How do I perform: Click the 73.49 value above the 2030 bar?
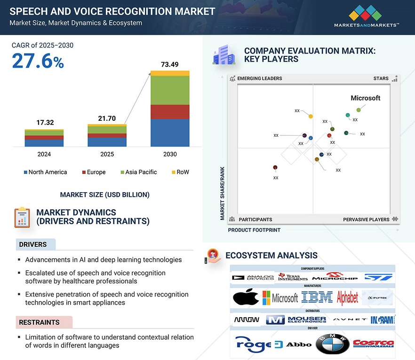coord(170,64)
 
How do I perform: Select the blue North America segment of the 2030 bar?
coord(170,133)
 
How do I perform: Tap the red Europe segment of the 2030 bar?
coord(170,112)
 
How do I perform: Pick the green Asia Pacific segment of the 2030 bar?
coord(170,90)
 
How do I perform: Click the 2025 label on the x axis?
coord(107,154)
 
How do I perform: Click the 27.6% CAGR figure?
coord(38,61)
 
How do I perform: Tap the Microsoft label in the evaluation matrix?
coord(365,98)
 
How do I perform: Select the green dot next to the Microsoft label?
coord(359,110)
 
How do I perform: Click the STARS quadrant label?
coord(381,78)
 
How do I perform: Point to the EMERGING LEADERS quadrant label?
coord(259,78)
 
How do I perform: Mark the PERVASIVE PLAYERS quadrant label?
coord(366,219)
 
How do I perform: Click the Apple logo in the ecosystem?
coord(246,297)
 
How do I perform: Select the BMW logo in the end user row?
coord(332,344)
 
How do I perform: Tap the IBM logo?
coord(317,297)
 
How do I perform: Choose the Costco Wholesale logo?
coord(373,344)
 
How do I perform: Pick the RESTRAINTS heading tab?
coord(39,322)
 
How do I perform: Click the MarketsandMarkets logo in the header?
coord(366,16)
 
